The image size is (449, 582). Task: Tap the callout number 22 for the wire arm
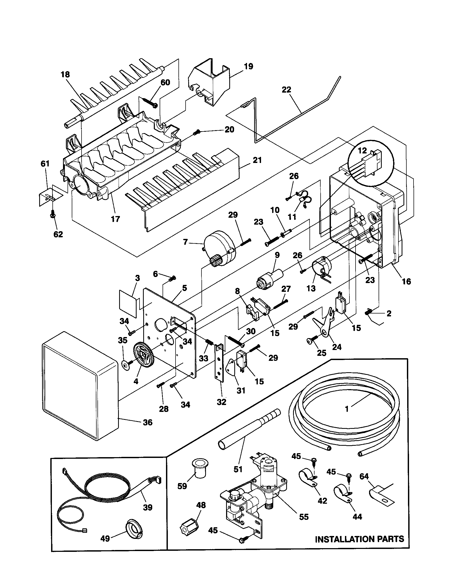(x=286, y=90)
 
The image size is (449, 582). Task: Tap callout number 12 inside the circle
(x=362, y=150)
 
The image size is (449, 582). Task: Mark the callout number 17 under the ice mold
(x=115, y=219)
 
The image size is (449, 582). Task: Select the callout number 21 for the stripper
(x=257, y=160)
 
